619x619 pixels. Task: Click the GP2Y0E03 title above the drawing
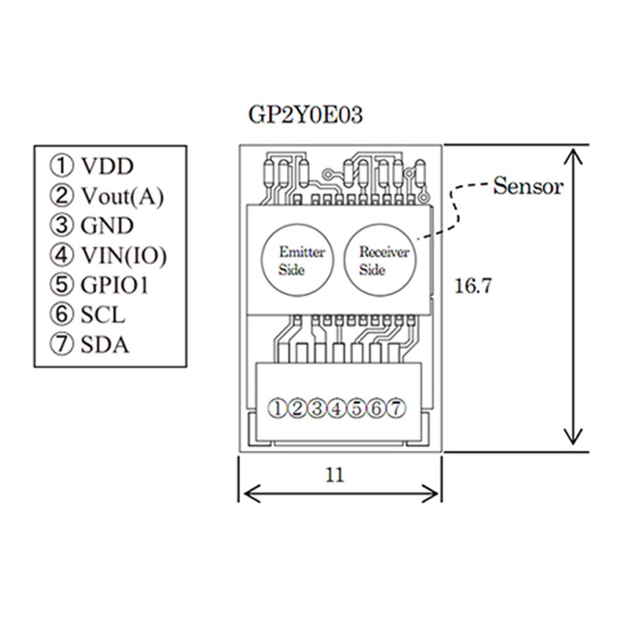pyautogui.click(x=305, y=116)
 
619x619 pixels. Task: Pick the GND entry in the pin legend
pyautogui.click(x=106, y=225)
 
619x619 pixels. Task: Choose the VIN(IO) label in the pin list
pyautogui.click(x=124, y=255)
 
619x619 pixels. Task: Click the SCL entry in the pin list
pyautogui.click(x=103, y=314)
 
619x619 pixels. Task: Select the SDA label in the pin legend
pyautogui.click(x=105, y=344)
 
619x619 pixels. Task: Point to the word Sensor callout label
pyautogui.click(x=528, y=186)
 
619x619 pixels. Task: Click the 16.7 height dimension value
pyautogui.click(x=473, y=287)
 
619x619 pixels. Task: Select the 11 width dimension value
pyautogui.click(x=334, y=475)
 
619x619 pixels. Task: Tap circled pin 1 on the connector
pyautogui.click(x=278, y=408)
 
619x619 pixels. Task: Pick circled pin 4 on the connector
pyautogui.click(x=337, y=408)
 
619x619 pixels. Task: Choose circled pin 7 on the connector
pyautogui.click(x=397, y=408)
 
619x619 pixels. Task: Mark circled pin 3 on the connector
pyautogui.click(x=318, y=408)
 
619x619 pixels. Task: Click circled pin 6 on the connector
pyautogui.click(x=377, y=408)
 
